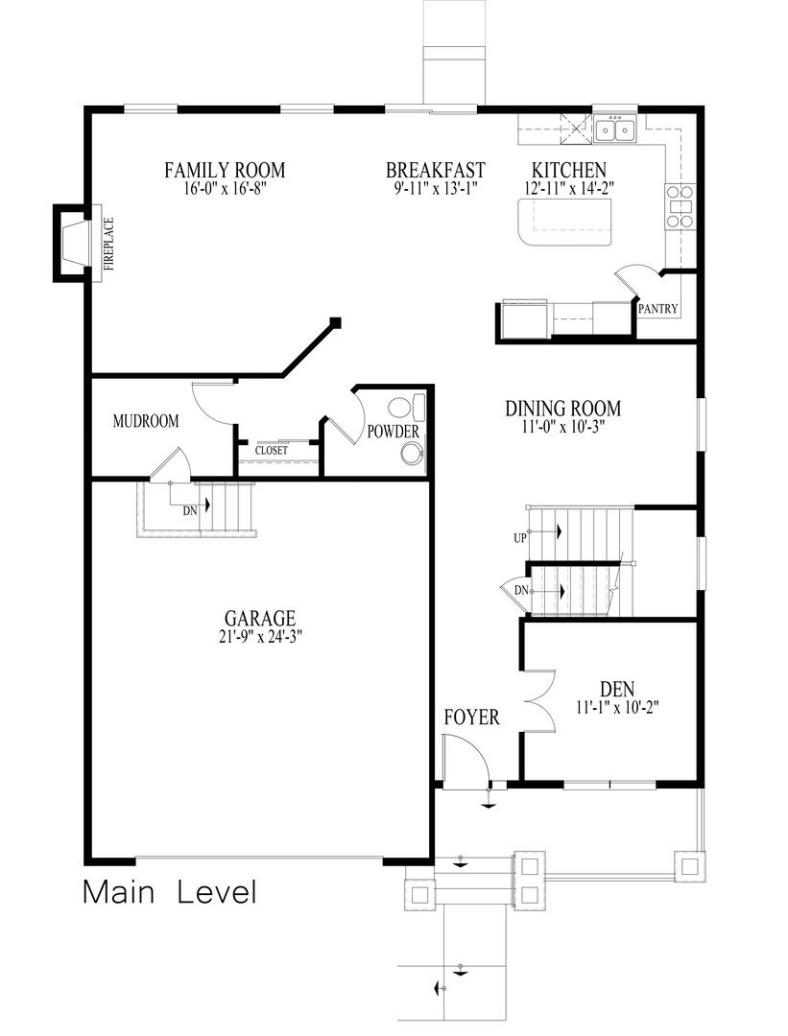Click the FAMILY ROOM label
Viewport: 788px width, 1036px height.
[225, 170]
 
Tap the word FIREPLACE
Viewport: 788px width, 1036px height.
[109, 244]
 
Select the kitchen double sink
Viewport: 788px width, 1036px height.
[614, 129]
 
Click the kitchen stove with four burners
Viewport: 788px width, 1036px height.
[681, 206]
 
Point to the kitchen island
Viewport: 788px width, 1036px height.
[564, 222]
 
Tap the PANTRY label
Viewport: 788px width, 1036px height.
[657, 309]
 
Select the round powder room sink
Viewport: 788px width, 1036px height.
[413, 453]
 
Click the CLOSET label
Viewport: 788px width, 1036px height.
[272, 451]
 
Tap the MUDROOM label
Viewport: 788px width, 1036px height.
[146, 421]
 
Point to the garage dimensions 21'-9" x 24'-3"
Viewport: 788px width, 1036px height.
[259, 637]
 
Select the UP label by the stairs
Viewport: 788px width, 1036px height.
[520, 538]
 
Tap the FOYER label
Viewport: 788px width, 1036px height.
[471, 718]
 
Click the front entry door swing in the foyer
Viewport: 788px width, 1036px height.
[466, 762]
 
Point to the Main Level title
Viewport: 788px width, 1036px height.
[170, 892]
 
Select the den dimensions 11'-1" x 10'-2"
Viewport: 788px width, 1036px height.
[617, 708]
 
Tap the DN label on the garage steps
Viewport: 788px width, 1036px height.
[190, 510]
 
